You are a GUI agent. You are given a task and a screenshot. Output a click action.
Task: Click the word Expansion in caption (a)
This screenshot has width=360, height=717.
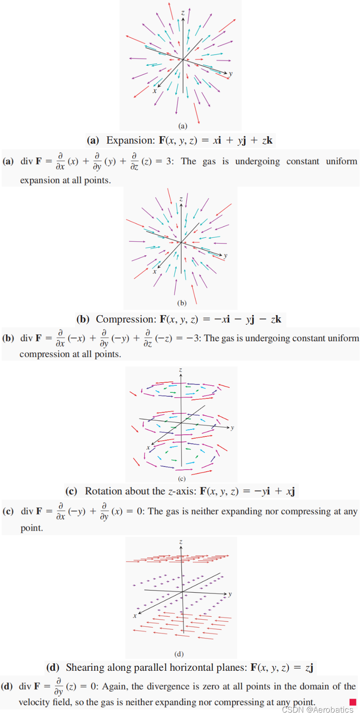[130, 141]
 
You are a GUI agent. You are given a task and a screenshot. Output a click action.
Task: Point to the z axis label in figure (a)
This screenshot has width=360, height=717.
[183, 13]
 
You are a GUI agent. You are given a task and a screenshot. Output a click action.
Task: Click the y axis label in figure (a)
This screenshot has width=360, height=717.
[231, 74]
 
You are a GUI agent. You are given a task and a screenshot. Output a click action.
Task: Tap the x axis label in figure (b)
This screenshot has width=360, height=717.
[154, 271]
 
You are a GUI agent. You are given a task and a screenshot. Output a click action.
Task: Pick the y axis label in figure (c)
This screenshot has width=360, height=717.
[232, 428]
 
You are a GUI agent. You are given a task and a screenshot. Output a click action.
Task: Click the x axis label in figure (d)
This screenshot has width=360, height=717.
[134, 616]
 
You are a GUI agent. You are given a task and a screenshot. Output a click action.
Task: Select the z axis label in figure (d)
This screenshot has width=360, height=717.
[181, 542]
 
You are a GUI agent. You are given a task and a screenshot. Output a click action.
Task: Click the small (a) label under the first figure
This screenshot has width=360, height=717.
[183, 126]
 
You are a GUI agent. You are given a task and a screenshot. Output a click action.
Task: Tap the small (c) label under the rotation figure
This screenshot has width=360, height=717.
[182, 479]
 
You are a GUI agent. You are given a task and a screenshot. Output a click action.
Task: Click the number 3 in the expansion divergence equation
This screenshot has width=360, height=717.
[168, 161]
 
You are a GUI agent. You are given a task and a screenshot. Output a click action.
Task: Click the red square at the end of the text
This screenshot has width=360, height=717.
[353, 702]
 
